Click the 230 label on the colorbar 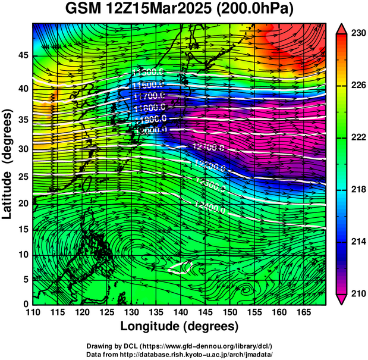(x=357, y=34)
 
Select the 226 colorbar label (x=357, y=86)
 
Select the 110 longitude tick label (x=33, y=312)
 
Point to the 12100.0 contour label (x=209, y=146)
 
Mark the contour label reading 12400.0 (x=210, y=209)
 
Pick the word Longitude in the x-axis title (x=152, y=326)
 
